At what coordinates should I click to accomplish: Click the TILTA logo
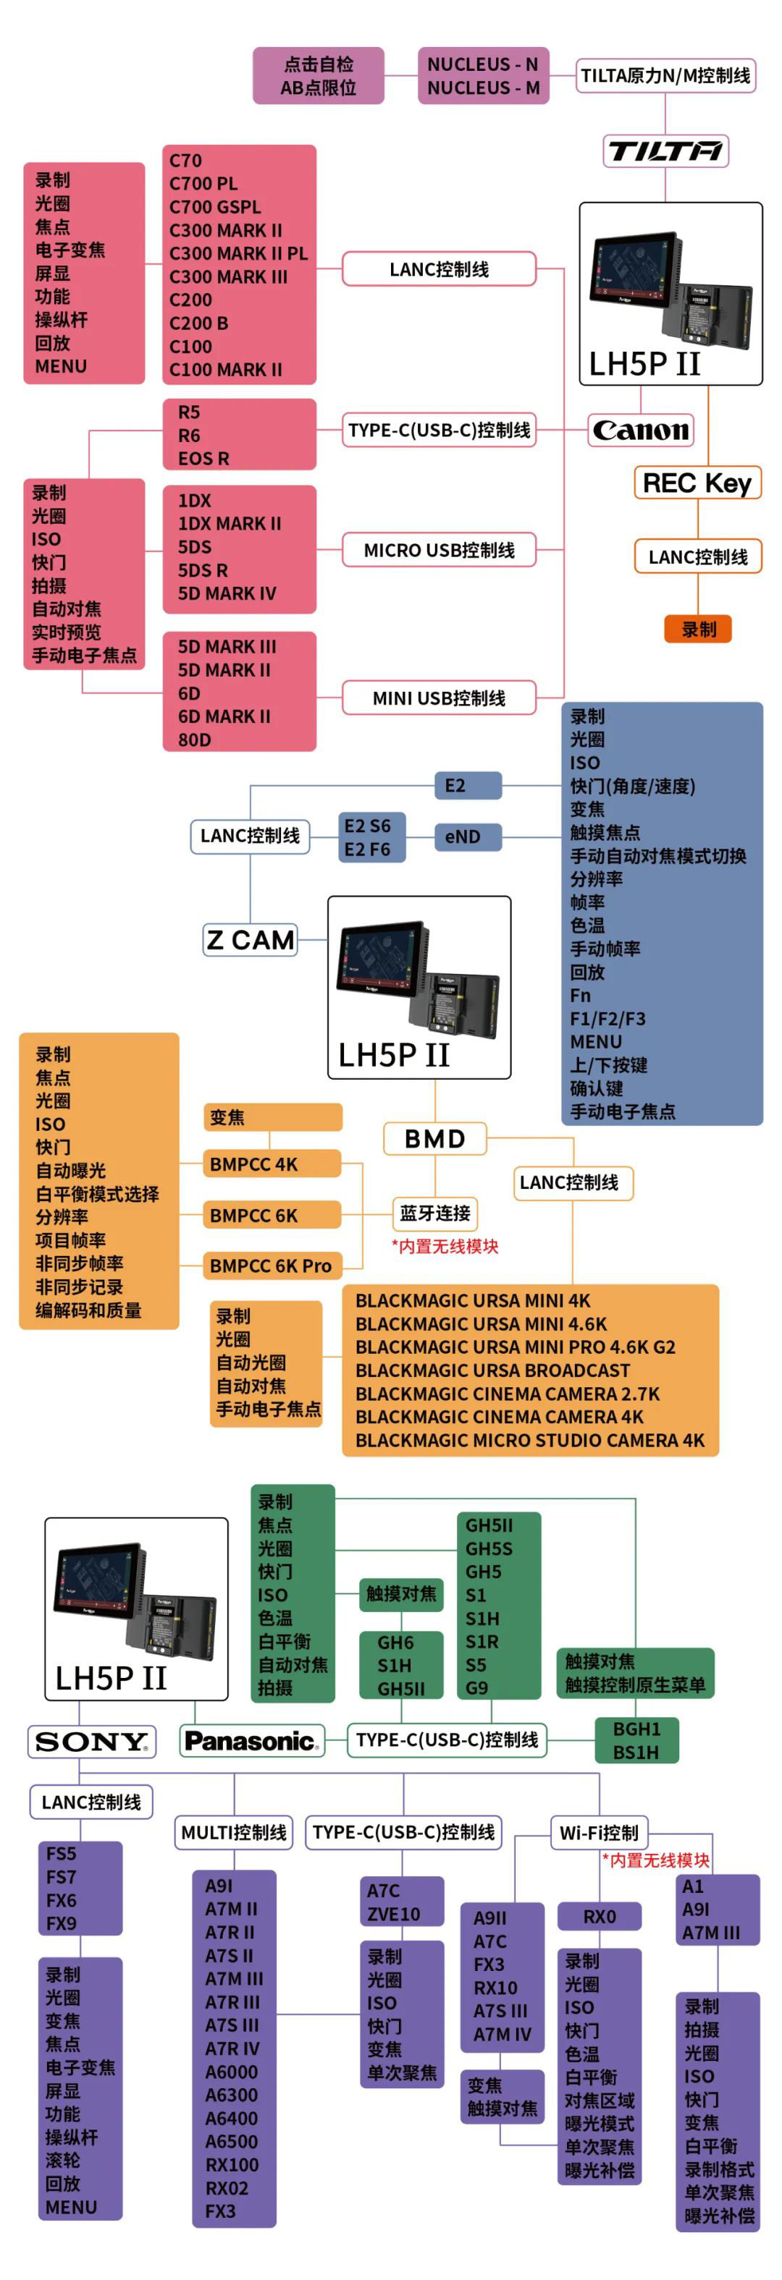click(665, 151)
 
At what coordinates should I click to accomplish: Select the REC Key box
click(697, 483)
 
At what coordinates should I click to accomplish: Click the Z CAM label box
click(250, 940)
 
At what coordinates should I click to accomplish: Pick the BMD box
click(435, 1139)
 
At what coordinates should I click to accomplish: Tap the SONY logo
click(91, 1742)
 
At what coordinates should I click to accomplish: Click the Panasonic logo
click(251, 1741)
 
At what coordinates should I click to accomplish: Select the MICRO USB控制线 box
click(440, 550)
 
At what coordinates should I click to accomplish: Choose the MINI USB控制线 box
click(440, 698)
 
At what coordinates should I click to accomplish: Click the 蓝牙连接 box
click(435, 1213)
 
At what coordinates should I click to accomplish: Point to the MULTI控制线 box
click(234, 1832)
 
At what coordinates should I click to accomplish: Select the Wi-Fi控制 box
click(599, 1832)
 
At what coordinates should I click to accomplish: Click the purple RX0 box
click(599, 1916)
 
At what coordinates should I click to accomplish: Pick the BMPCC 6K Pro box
click(271, 1266)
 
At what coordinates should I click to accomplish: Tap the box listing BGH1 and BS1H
click(636, 1740)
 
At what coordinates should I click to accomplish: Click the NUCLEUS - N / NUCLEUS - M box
click(484, 76)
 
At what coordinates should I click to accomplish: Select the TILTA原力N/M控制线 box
click(665, 76)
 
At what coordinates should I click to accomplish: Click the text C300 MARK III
click(229, 277)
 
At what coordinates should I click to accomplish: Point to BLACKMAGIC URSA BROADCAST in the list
click(492, 1370)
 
